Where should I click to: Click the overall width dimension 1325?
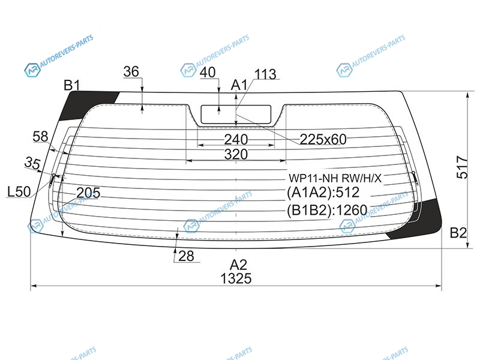[x=236, y=278]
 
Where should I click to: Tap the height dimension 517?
[x=462, y=167]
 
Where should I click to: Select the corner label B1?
[x=71, y=85]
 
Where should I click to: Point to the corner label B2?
[x=458, y=233]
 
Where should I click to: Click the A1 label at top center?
[x=239, y=85]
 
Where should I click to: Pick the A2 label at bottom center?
[x=238, y=265]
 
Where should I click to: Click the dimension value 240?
[x=236, y=140]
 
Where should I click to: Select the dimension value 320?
[x=236, y=154]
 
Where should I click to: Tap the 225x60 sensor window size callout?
[x=323, y=140]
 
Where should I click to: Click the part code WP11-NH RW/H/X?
[x=335, y=178]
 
